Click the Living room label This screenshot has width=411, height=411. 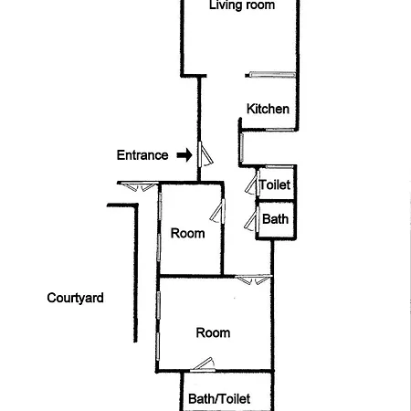242,5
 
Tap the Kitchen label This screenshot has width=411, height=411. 268,109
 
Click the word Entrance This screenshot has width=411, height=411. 142,155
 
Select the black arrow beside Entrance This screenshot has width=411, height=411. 184,155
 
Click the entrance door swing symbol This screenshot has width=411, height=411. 205,154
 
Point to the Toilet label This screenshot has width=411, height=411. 275,184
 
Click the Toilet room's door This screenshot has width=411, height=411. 252,183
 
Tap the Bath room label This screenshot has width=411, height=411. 275,219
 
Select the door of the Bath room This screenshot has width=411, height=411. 252,218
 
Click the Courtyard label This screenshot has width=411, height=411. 75,298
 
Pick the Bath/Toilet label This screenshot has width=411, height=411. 219,399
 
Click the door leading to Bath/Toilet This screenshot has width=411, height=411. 203,364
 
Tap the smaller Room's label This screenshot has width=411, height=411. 187,234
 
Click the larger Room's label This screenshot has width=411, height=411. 213,332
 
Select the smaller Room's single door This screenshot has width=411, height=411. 217,210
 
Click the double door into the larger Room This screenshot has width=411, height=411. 254,279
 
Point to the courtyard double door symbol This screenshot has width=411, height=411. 138,186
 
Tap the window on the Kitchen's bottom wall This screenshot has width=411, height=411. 279,130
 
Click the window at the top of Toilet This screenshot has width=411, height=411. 279,166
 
